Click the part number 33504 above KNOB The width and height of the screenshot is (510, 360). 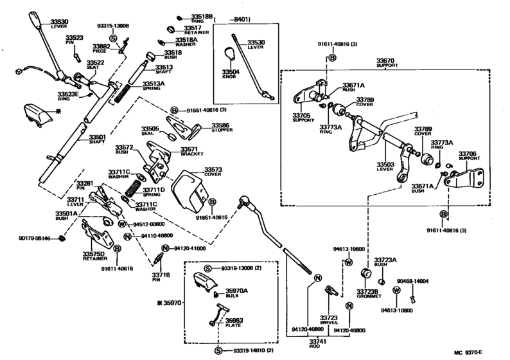231,73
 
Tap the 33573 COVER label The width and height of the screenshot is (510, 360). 213,171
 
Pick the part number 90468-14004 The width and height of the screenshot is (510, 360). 411,282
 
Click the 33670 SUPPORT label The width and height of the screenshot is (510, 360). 387,64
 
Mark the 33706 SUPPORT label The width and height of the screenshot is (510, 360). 466,157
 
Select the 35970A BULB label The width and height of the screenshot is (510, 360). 236,293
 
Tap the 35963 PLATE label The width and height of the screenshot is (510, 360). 234,323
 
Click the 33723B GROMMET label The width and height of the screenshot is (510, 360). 367,294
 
